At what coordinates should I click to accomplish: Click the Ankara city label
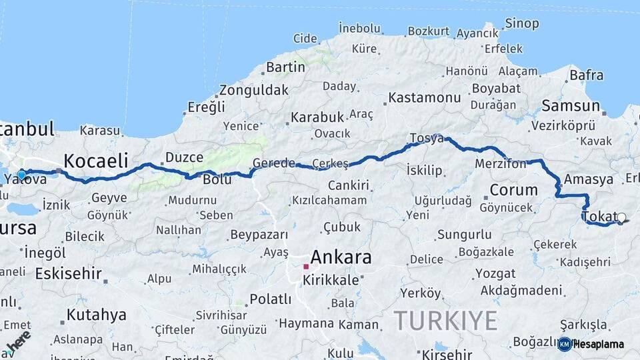(x=341, y=257)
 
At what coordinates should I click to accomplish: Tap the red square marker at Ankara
(x=306, y=267)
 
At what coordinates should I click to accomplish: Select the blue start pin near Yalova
(x=21, y=175)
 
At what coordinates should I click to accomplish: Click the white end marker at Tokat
(x=621, y=217)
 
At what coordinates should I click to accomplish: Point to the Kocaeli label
(x=95, y=161)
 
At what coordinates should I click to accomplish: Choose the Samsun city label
(x=571, y=106)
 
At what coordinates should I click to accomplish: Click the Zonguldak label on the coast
(x=254, y=90)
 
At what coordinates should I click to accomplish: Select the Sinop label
(x=522, y=24)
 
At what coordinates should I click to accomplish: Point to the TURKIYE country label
(x=445, y=321)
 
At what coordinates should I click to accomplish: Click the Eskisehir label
(x=68, y=273)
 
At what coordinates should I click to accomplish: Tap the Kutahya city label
(x=96, y=315)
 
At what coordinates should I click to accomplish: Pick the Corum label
(x=513, y=190)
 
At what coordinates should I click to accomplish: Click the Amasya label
(x=588, y=179)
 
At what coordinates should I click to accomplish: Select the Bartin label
(x=285, y=67)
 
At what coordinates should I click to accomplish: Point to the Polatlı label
(x=270, y=299)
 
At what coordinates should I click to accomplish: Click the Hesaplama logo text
(x=599, y=344)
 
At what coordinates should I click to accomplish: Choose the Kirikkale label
(x=331, y=281)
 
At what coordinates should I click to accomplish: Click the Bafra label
(x=586, y=75)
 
